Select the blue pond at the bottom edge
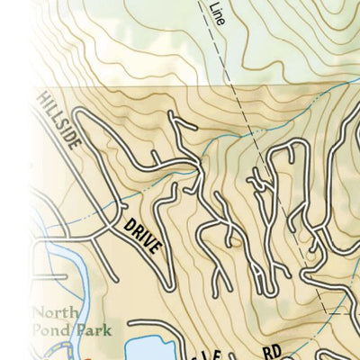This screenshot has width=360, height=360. [148, 350]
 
